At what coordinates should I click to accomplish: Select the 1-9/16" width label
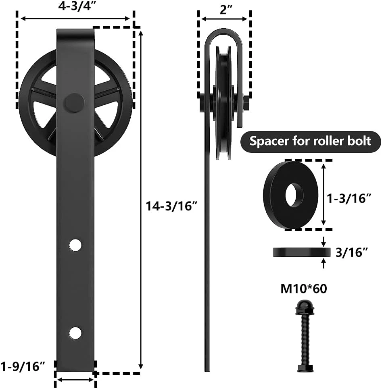point(23,366)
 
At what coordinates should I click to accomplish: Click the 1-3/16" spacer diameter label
point(349,198)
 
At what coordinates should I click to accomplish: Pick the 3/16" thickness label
point(351,252)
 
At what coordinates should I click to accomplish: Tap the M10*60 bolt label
point(304,289)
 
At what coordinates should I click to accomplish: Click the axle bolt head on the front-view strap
point(74,103)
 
